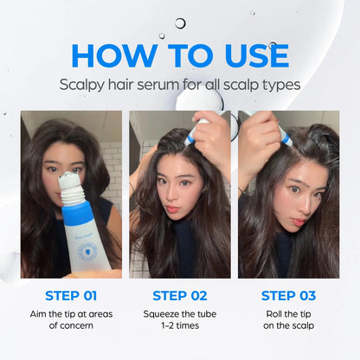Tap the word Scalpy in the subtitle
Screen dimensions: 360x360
pyautogui.click(x=85, y=85)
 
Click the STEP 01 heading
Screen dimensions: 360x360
pyautogui.click(x=71, y=295)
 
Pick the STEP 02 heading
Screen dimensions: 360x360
pyautogui.click(x=180, y=295)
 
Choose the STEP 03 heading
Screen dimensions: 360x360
pyautogui.click(x=288, y=295)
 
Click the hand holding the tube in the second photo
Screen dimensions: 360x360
pyautogui.click(x=213, y=138)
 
